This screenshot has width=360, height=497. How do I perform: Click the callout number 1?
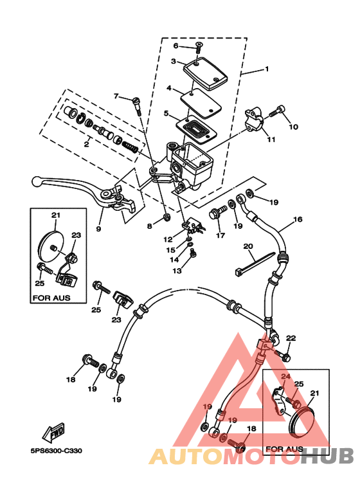(x=267, y=69)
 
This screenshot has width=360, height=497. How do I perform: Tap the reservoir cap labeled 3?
(x=206, y=73)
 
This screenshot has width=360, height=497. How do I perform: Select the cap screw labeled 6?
(x=199, y=48)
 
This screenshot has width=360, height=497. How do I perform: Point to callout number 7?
(x=116, y=96)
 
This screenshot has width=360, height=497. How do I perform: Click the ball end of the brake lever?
(x=37, y=181)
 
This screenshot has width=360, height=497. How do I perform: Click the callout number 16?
(x=298, y=219)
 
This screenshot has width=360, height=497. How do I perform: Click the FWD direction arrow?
(x=54, y=433)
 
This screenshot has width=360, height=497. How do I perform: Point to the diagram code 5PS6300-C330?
(x=57, y=451)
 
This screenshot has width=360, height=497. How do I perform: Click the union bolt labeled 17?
(x=218, y=212)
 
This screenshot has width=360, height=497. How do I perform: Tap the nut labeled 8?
(x=165, y=217)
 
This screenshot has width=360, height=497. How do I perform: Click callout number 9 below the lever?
(x=98, y=228)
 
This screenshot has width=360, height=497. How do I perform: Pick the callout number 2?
(x=86, y=145)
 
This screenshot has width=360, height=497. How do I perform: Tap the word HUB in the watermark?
(x=327, y=456)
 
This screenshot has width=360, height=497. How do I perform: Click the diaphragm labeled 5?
(x=196, y=129)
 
